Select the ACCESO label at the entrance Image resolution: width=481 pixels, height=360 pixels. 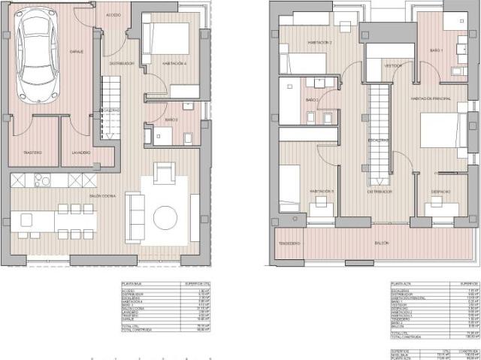pos(113,15)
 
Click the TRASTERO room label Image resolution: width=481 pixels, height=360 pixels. pos(32,153)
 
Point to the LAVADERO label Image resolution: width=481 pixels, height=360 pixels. pos(81,153)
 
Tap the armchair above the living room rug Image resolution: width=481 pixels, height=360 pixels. pos(165,174)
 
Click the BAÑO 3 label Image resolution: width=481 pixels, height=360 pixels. pos(171,119)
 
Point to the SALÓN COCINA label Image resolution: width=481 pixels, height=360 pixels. pos(80,196)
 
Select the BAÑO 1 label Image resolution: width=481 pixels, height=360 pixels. pos(437,50)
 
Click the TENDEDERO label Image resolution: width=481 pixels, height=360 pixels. pos(290,244)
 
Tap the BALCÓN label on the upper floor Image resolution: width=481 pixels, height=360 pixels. pos(383,244)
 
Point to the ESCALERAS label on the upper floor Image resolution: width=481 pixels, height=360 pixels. pos(378,141)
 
